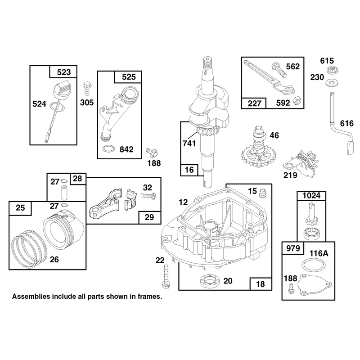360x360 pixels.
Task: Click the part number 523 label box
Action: click(63, 72)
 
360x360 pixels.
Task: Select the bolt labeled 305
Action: click(87, 88)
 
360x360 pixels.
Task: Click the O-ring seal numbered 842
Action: click(108, 149)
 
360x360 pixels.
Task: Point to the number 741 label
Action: click(189, 144)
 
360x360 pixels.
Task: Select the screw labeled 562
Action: click(279, 70)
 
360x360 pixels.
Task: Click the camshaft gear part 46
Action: click(258, 148)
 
